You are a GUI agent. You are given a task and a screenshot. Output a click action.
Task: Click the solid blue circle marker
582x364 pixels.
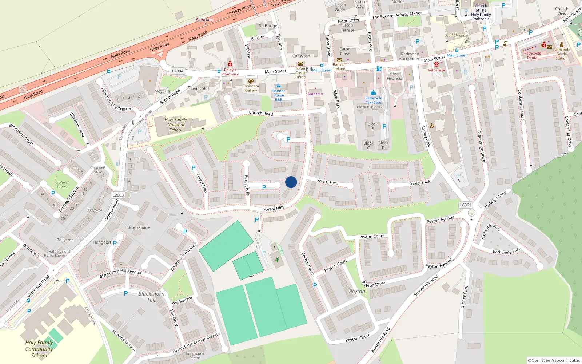291,182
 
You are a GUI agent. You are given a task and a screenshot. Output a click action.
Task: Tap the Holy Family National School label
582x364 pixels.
176,125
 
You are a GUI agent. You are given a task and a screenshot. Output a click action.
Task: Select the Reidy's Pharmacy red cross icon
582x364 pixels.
230,64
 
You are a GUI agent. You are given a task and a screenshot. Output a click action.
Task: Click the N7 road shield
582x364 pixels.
22,89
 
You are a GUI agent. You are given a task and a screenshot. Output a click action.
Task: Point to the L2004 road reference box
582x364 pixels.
178,71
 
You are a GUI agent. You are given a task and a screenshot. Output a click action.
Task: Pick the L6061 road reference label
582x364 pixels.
465,205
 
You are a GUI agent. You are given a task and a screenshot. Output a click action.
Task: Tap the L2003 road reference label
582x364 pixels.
118,195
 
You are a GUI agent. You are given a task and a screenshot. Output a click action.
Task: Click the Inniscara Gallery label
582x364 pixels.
251,88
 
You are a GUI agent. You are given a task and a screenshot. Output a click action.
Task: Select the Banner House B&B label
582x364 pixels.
279,95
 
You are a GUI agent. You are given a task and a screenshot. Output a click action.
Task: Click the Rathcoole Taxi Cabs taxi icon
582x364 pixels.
374,93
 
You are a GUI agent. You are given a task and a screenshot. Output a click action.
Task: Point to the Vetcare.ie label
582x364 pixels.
436,70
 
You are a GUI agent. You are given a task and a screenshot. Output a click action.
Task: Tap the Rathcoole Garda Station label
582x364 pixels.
562,54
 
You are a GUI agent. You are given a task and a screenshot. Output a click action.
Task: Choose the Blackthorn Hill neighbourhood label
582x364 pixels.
151,297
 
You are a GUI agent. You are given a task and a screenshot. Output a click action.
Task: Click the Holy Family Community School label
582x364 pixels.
39,349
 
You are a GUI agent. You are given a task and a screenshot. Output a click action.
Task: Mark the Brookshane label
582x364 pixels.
139,227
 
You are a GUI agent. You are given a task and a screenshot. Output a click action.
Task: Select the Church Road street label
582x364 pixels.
261,113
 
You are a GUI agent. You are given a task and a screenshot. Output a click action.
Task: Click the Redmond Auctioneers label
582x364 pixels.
410,56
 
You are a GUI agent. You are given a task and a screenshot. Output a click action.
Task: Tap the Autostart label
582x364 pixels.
315,94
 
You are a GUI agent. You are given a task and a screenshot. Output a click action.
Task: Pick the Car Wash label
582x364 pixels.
301,56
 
